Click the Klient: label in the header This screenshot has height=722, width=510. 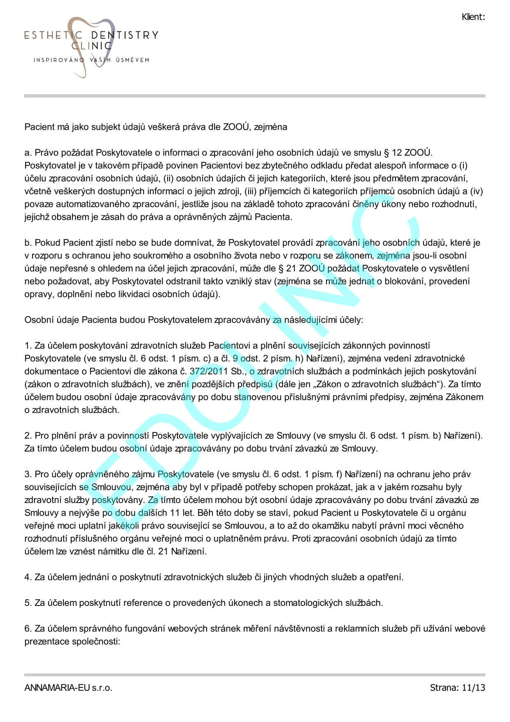click(473, 17)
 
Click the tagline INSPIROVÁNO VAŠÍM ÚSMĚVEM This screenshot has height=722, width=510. click(91, 60)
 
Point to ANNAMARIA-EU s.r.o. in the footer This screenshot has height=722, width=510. click(68, 687)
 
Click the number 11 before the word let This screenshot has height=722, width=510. click(175, 513)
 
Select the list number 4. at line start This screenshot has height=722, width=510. click(28, 577)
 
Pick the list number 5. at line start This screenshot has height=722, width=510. click(28, 603)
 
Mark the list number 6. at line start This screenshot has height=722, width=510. click(28, 629)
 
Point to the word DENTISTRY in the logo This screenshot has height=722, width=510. click(124, 35)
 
